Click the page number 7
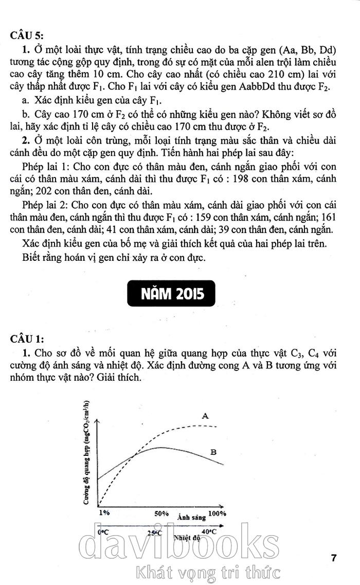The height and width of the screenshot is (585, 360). coord(334,558)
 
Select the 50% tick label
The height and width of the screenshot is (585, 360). coord(161,513)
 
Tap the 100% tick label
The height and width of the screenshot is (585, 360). coord(217,513)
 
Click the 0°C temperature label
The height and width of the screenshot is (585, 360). coord(102,533)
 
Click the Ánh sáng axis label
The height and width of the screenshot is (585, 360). coord(190,518)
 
